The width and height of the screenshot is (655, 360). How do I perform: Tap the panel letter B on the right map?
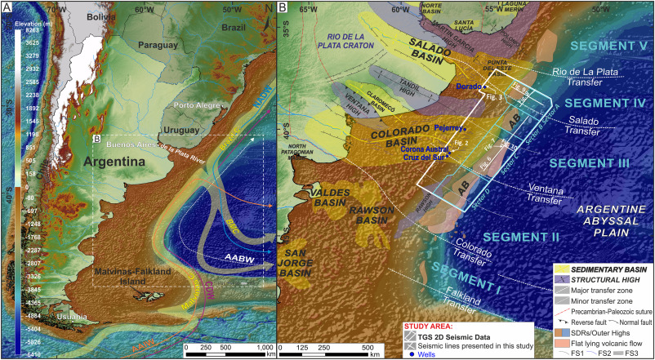point(283,9)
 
